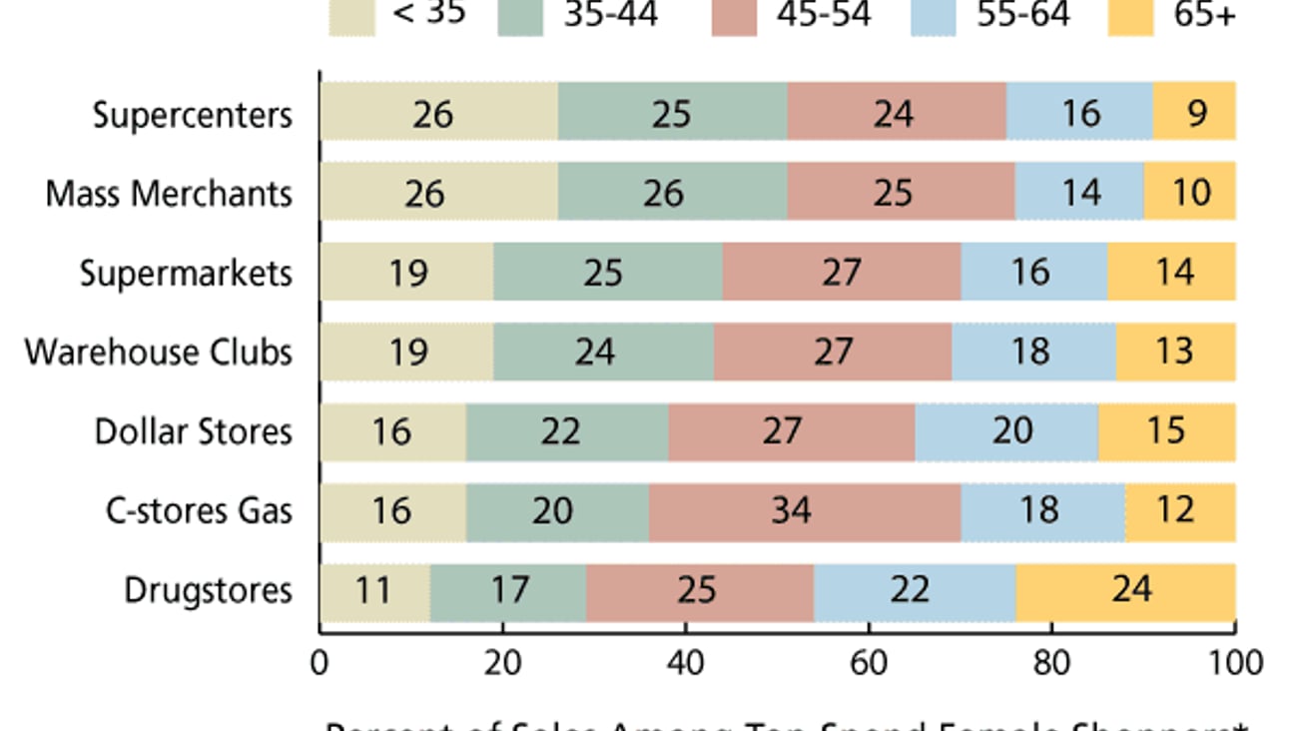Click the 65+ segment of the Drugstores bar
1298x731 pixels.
point(1125,590)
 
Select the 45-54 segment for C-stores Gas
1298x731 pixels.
point(805,511)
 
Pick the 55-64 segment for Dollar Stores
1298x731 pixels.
point(1006,431)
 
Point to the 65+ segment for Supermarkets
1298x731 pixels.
point(1171,272)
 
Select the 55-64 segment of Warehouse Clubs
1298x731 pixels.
point(1033,352)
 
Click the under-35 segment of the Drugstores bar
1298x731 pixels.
point(374,590)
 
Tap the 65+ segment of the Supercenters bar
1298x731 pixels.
point(1194,112)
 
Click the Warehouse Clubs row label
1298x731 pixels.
point(159,353)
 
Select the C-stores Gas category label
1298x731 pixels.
point(199,511)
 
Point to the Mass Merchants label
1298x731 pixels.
point(169,194)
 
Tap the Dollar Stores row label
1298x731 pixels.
point(194,432)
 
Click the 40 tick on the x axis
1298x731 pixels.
point(686,662)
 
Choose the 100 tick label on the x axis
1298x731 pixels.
point(1235,662)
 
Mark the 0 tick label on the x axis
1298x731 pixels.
point(321,662)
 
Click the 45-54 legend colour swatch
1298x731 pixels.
point(734,17)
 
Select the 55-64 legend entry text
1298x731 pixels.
point(1023,15)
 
